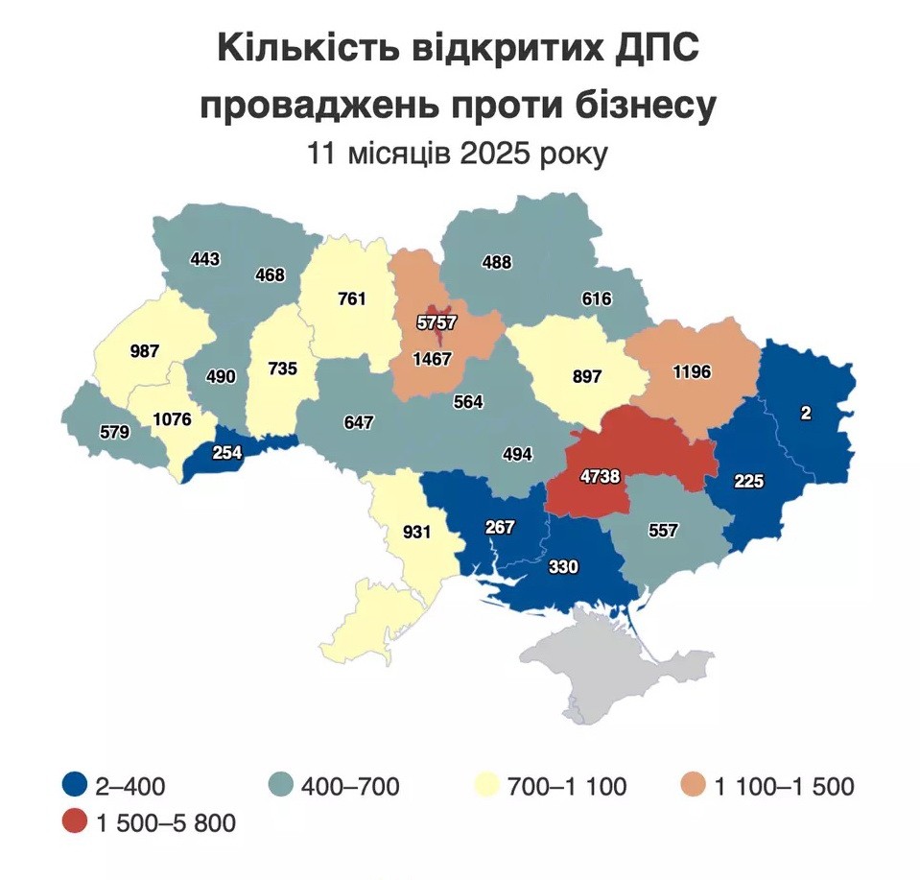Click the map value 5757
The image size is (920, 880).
click(x=436, y=323)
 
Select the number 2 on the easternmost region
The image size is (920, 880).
click(x=805, y=413)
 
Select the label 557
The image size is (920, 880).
click(x=663, y=529)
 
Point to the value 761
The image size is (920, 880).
click(x=352, y=298)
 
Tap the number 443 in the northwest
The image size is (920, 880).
click(x=205, y=259)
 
